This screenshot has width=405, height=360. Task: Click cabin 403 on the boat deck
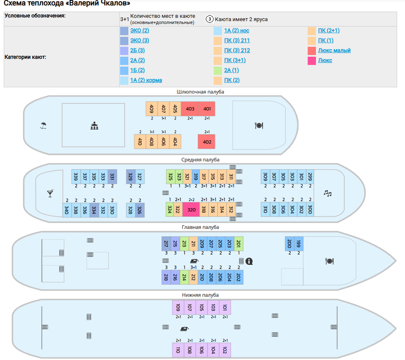point(190,109)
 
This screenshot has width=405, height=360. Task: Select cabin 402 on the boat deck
point(207,142)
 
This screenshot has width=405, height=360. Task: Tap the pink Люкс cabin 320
point(191,209)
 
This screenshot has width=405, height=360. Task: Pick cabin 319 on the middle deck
point(196,177)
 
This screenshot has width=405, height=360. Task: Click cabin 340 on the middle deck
point(67,210)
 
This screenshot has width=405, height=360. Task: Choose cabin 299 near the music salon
point(310,177)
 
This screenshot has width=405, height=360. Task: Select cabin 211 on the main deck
point(193,244)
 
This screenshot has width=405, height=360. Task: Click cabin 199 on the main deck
point(299,244)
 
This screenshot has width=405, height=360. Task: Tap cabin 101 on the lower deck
point(225,307)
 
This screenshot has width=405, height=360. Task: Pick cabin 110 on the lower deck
point(178,350)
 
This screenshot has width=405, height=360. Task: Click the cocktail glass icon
point(51,193)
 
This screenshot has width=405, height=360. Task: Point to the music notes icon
point(328,193)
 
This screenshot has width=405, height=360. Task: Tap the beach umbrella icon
point(43,125)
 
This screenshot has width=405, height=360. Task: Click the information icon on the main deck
point(249,261)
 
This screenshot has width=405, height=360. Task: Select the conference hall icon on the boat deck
point(94,126)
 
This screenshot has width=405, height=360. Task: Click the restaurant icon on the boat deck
point(259,125)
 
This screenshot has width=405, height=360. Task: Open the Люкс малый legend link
point(334,50)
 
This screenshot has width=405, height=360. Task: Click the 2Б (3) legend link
point(137,50)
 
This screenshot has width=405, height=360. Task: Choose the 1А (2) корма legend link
point(146,80)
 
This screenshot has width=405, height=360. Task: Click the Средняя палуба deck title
point(200,160)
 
